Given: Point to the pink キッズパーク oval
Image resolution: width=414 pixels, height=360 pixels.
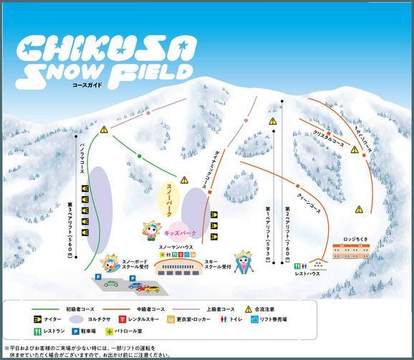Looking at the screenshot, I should click(180, 233).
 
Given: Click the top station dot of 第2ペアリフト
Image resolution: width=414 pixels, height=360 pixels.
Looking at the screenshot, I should click(283, 102).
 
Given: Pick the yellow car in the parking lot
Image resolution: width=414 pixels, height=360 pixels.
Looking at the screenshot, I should click(150, 288).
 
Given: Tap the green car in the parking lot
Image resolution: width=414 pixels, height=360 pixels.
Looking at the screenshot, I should click(111, 283).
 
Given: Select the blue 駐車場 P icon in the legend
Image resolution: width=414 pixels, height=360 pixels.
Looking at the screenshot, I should click(94, 332).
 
